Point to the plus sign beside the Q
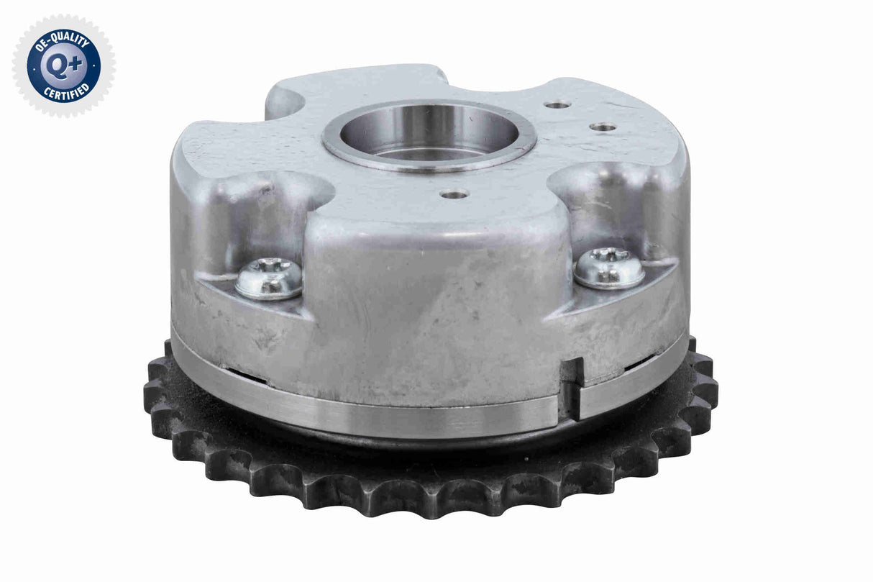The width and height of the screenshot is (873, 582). [74, 63]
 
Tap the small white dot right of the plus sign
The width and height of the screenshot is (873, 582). [93, 66]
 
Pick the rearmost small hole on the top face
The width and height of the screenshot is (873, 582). [557, 105]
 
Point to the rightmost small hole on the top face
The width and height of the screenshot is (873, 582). [603, 127]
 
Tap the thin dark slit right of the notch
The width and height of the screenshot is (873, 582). [642, 367]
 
